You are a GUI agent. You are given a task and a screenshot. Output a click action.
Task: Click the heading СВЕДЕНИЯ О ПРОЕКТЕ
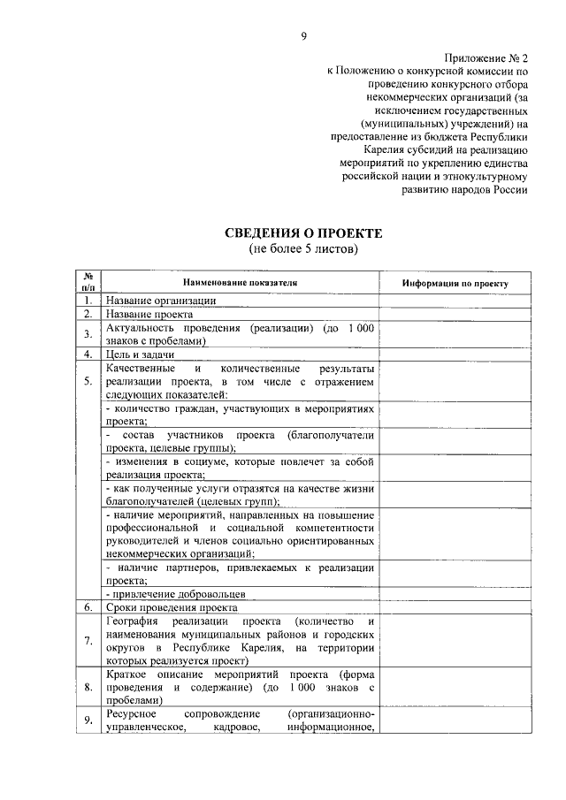302,233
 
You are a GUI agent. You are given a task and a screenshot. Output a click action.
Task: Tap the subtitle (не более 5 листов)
303,249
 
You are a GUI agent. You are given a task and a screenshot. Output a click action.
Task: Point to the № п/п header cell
88,283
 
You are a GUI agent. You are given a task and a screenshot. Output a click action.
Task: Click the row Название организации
160,301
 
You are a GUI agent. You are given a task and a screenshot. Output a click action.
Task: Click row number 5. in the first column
88,381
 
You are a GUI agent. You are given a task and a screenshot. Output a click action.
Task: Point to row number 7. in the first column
88,641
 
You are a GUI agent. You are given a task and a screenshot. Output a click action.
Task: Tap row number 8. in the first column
88,686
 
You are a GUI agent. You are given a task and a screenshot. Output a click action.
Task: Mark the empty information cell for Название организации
455,301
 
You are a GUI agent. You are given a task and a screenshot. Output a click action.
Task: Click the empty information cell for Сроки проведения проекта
455,608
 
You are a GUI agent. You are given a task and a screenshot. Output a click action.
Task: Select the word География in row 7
133,621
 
